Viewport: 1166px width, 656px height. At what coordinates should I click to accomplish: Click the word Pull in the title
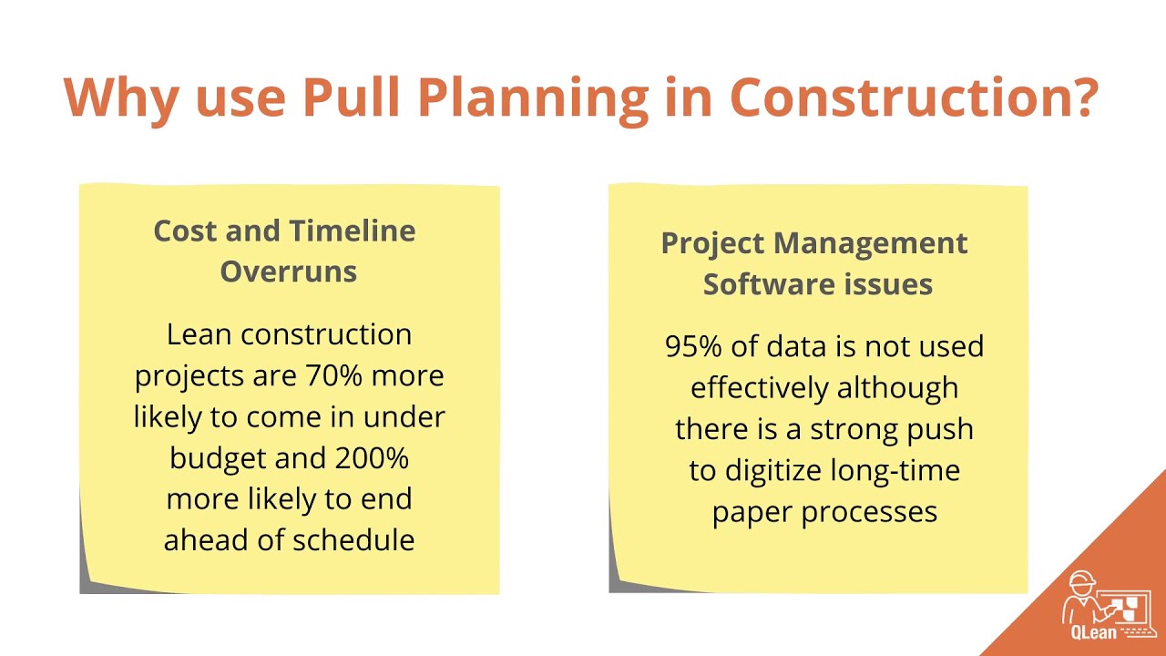tap(351, 97)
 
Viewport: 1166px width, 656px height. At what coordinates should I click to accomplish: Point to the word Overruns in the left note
tap(288, 272)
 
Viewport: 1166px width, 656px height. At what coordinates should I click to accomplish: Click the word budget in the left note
tap(218, 458)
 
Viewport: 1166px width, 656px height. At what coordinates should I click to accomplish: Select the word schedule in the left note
tap(352, 540)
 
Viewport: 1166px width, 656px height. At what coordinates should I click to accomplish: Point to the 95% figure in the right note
tap(693, 347)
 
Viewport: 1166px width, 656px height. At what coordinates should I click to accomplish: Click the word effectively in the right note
tap(761, 388)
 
